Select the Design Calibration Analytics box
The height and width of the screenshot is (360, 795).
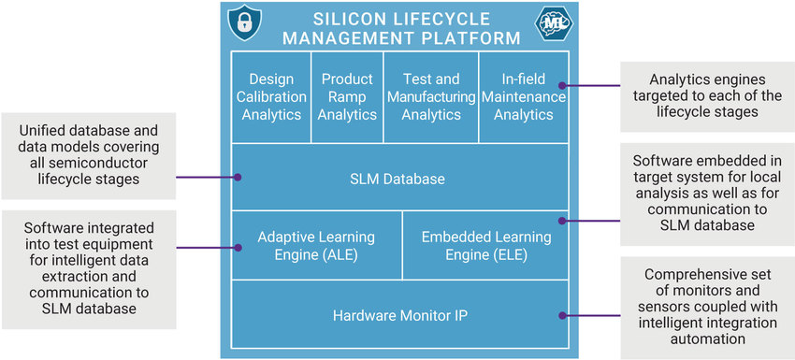(271, 97)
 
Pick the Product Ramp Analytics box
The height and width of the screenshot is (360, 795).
(347, 97)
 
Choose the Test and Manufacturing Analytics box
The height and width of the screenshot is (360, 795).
(431, 97)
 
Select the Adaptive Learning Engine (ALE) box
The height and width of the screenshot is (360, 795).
(316, 246)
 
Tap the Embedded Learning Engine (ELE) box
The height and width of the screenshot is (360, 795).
(485, 246)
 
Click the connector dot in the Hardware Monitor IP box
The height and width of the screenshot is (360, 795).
(561, 315)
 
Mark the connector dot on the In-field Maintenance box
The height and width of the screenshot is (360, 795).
(563, 86)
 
